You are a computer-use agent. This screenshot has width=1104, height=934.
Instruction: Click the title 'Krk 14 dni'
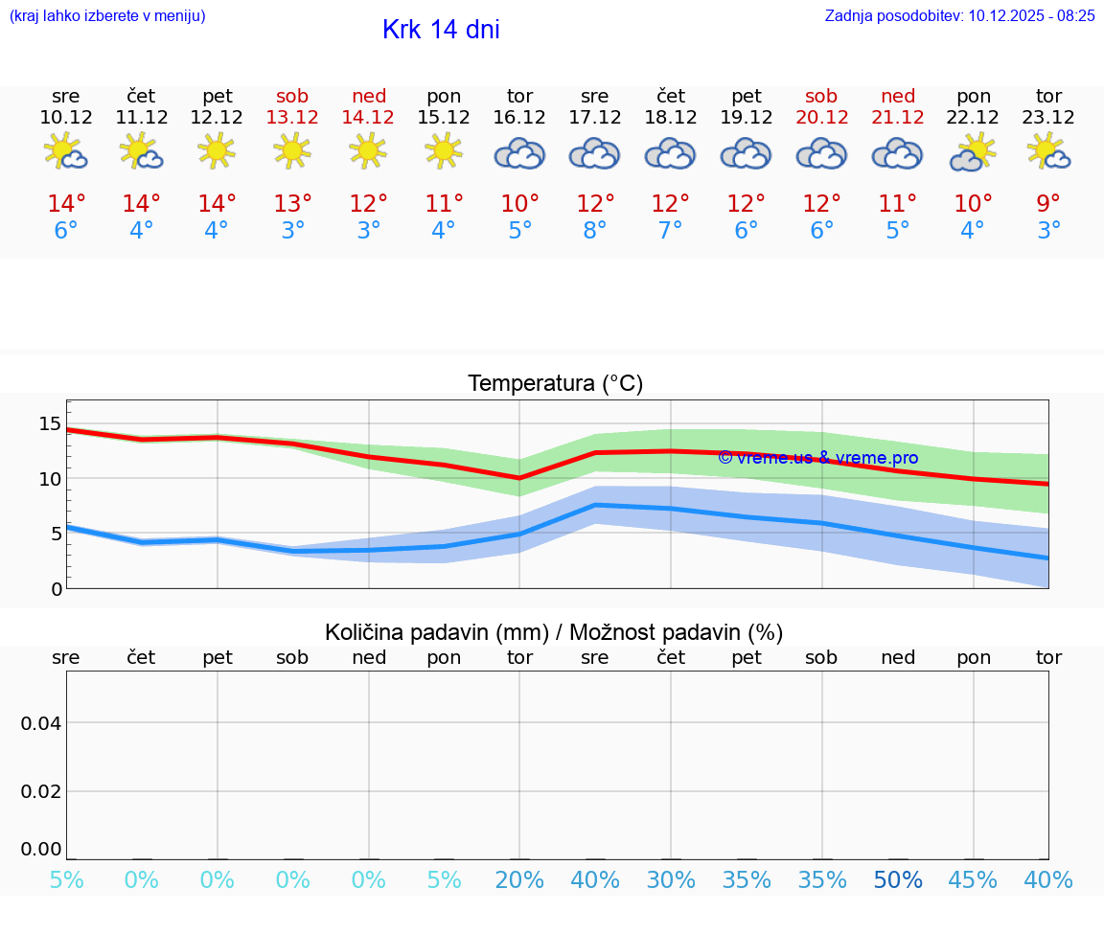click(x=441, y=30)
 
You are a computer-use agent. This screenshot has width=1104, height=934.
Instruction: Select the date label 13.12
click(x=293, y=117)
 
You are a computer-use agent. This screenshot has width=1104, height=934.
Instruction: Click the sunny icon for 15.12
click(x=444, y=151)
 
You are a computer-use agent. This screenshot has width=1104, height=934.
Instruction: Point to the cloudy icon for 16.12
click(x=519, y=153)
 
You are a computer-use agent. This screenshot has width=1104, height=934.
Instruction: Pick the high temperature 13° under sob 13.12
click(x=293, y=203)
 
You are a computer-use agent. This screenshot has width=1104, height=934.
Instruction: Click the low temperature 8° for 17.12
click(x=595, y=231)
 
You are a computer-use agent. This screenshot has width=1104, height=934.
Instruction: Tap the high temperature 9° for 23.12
click(x=1049, y=203)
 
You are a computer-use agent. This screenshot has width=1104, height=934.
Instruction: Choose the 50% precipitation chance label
click(x=898, y=880)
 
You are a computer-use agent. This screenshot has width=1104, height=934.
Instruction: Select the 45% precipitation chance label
click(x=974, y=880)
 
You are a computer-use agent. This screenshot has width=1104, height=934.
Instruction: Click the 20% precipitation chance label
click(x=519, y=880)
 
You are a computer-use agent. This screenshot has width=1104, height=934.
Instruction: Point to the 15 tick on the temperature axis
click(x=51, y=423)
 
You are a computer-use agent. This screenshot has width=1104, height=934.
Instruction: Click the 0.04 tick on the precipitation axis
click(x=41, y=723)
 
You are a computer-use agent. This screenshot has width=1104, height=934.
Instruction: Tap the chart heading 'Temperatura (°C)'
click(x=555, y=384)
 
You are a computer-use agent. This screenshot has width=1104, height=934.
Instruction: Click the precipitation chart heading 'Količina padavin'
click(x=554, y=632)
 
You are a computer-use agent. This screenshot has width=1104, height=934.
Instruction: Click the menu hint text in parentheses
click(x=107, y=15)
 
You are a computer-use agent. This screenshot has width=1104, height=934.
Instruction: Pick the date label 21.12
click(x=898, y=117)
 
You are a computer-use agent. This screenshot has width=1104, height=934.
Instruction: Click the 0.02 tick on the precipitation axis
click(x=41, y=790)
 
